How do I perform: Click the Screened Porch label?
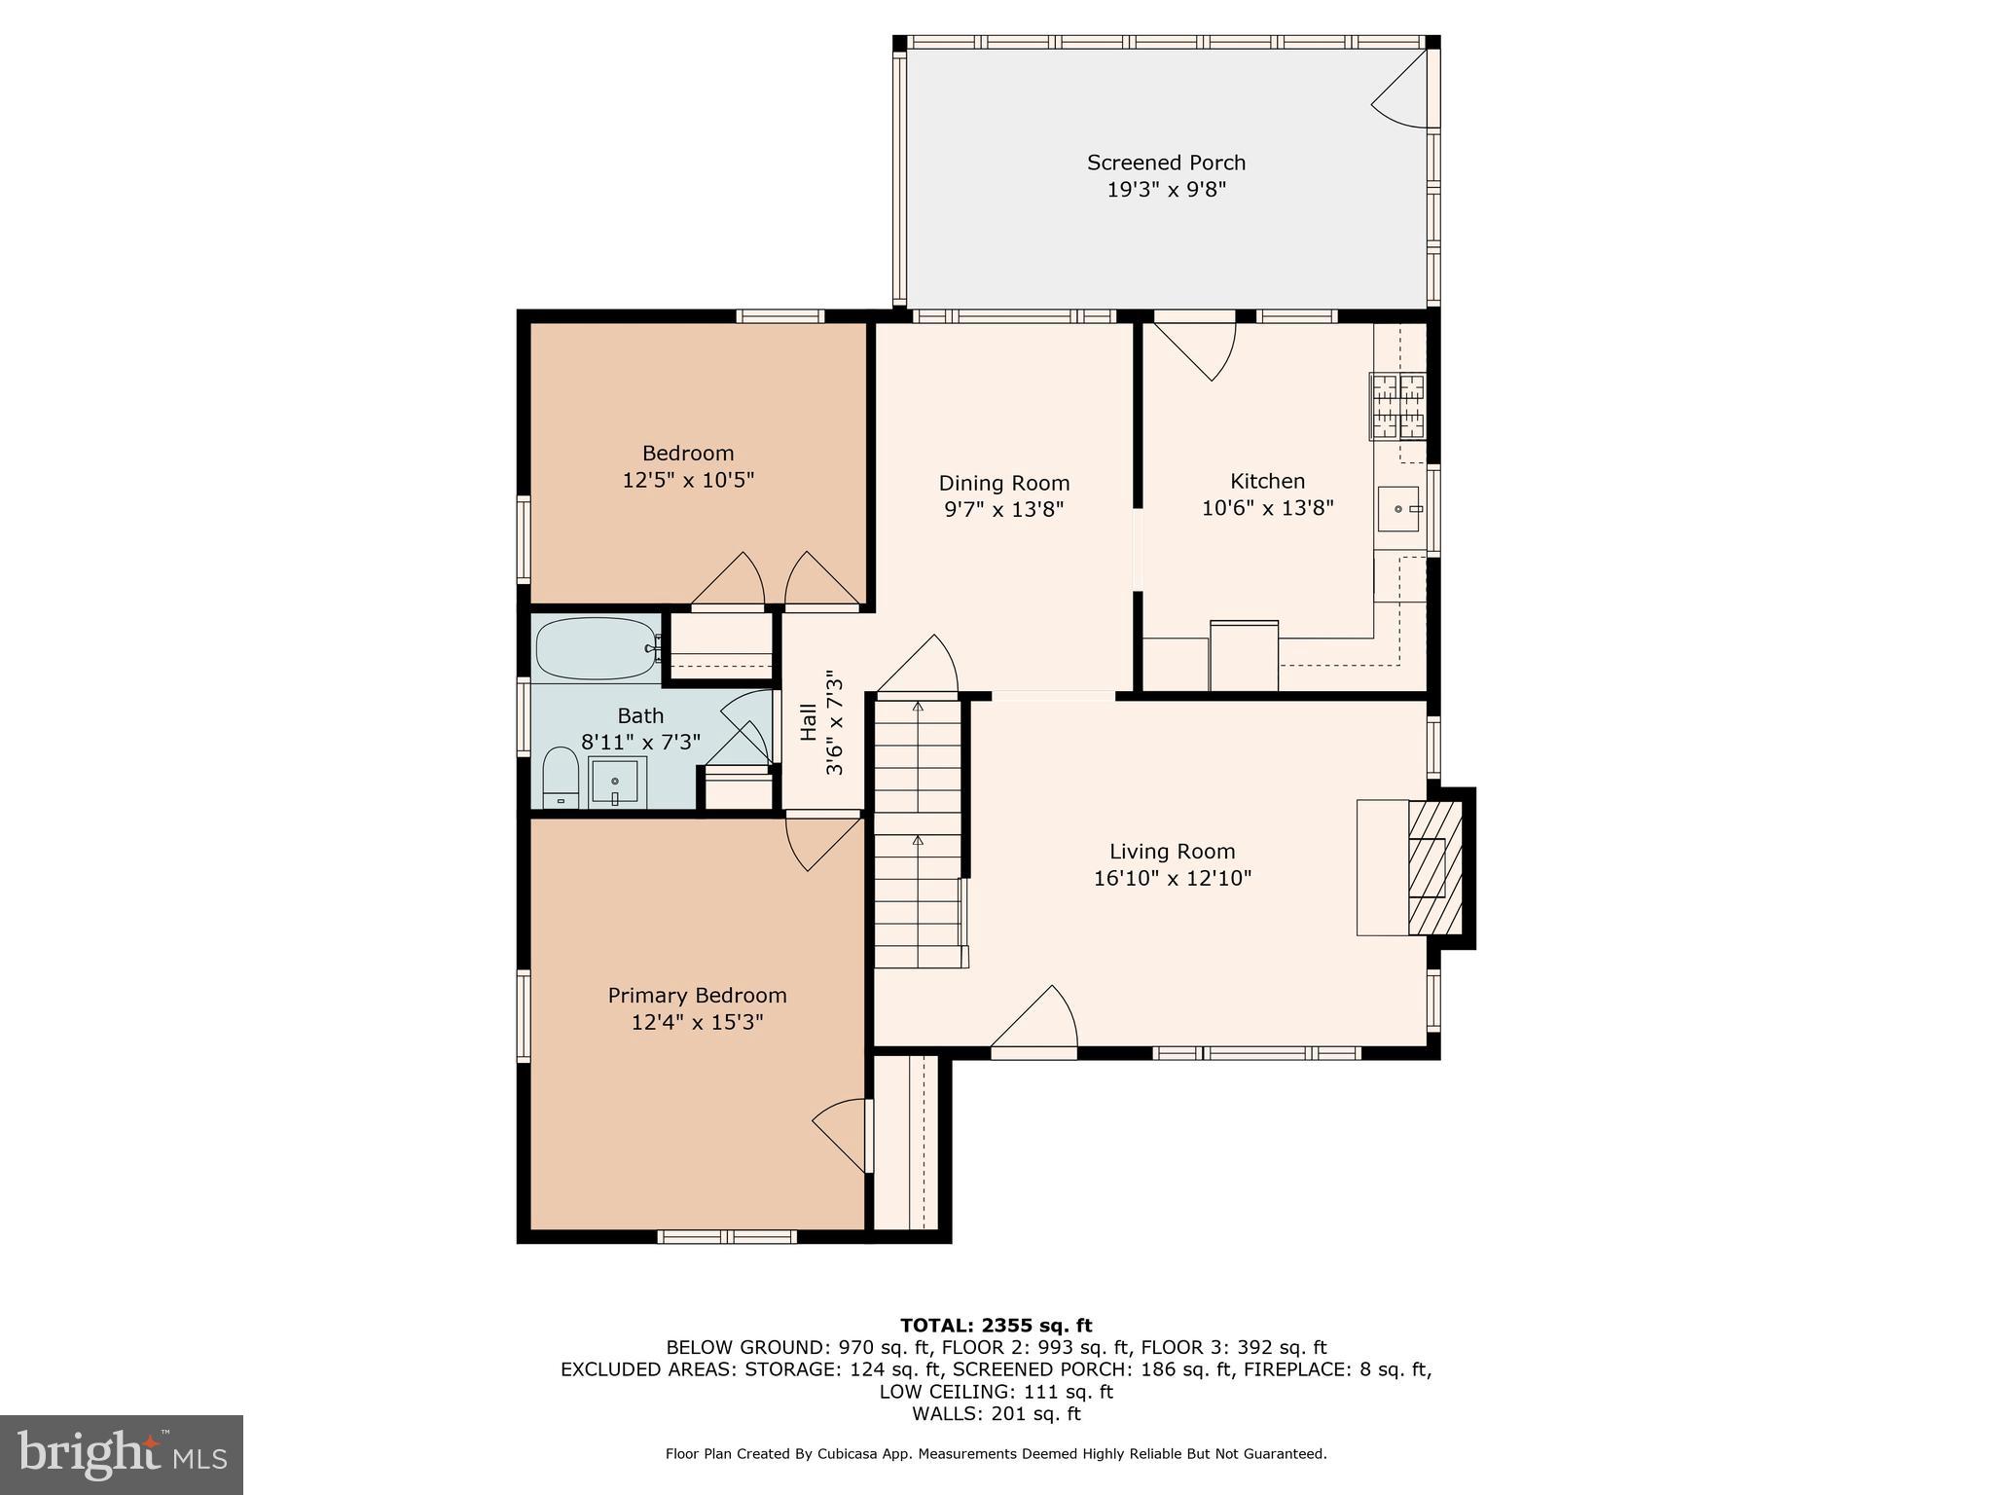pyautogui.click(x=1166, y=163)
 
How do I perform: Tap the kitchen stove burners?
pyautogui.click(x=1397, y=405)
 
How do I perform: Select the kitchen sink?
pyautogui.click(x=1399, y=509)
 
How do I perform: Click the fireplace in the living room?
pyautogui.click(x=1434, y=867)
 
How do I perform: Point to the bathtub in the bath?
pyautogui.click(x=596, y=648)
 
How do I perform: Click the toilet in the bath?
pyautogui.click(x=560, y=778)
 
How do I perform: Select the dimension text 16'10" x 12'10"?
pyautogui.click(x=1172, y=878)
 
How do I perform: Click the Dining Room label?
pyautogui.click(x=1003, y=483)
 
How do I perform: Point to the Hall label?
pyautogui.click(x=809, y=722)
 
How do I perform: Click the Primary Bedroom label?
pyautogui.click(x=697, y=995)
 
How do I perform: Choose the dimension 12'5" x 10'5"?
pyautogui.click(x=688, y=480)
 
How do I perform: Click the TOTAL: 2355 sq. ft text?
pyautogui.click(x=996, y=1325)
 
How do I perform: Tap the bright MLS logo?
pyautogui.click(x=122, y=1454)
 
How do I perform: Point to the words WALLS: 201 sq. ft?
pyautogui.click(x=996, y=1413)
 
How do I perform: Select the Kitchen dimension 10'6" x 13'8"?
pyautogui.click(x=1267, y=507)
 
